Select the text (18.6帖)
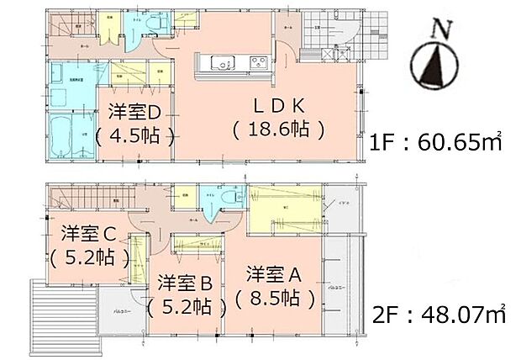pyautogui.click(x=279, y=130)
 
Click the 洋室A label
pyautogui.click(x=275, y=275)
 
